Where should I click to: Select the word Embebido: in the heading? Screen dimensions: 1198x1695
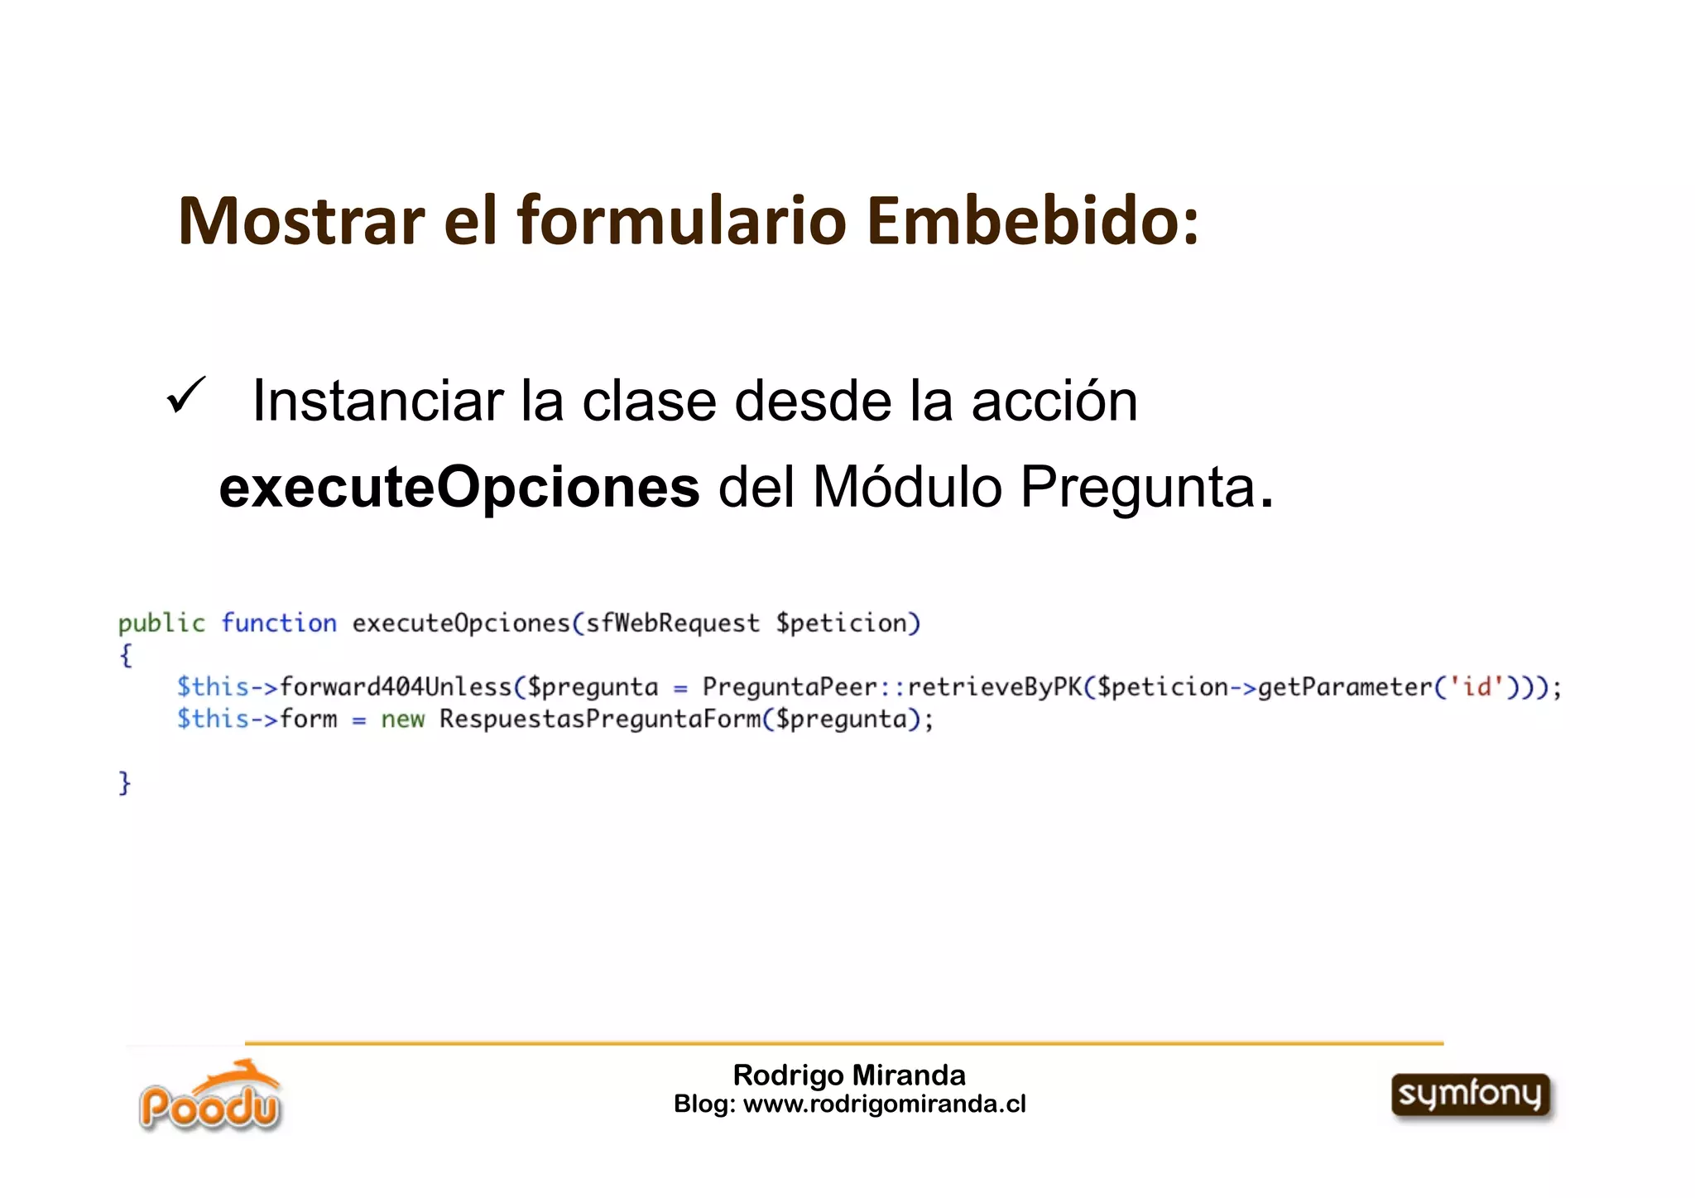1034,221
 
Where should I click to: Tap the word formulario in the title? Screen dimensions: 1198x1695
682,221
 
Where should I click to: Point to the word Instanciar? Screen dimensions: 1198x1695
377,402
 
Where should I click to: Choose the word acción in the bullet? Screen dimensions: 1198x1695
1054,402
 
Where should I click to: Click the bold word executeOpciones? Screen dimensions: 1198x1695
459,487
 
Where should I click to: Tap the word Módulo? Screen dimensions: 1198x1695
908,487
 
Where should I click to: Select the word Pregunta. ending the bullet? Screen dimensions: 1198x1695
1146,488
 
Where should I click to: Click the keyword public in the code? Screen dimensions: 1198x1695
161,623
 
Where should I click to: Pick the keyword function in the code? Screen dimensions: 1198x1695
279,623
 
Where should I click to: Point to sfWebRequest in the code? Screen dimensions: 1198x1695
672,623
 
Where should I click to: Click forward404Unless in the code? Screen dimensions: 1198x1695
396,687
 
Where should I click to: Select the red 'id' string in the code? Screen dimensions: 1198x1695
1477,687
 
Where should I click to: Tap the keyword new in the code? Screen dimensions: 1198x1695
402,719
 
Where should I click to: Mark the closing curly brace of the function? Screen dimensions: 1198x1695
124,782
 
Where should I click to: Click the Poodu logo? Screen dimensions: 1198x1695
210,1097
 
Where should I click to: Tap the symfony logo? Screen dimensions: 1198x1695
1471,1095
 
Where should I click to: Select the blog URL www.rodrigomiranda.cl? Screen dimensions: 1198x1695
884,1104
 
